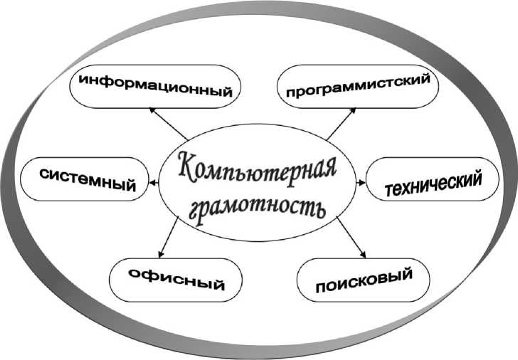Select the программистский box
tap(358, 85)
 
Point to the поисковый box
tap(363, 278)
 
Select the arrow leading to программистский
tap(340, 122)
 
